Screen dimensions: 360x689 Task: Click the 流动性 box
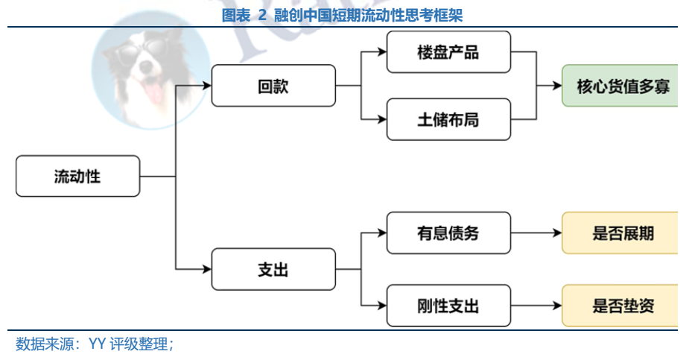tap(77, 176)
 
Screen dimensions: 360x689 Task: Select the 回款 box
tap(273, 86)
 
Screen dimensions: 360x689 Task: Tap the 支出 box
tap(273, 269)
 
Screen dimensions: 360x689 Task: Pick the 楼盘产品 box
tap(448, 52)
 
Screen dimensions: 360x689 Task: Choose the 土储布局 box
tap(448, 119)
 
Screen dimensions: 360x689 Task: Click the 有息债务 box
tap(448, 233)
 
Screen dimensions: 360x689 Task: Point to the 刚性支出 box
tap(448, 305)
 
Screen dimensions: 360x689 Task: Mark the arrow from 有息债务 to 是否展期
tap(536, 233)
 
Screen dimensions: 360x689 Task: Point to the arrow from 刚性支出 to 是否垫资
tap(536, 305)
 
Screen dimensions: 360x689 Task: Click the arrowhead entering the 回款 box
tap(206, 86)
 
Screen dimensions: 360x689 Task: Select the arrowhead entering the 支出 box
tap(206, 269)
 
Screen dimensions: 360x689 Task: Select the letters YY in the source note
tap(97, 344)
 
